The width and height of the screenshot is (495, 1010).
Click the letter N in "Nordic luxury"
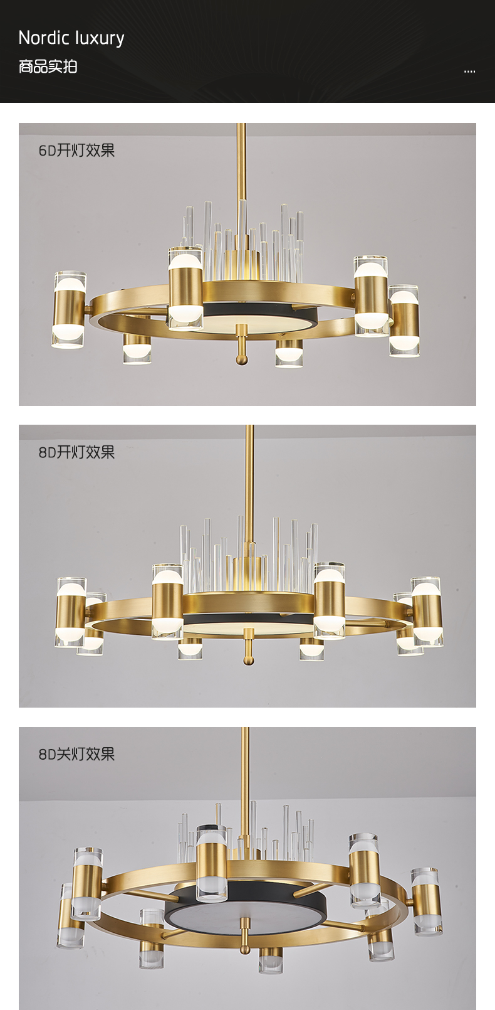(x=24, y=38)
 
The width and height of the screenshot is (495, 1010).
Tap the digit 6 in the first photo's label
(x=42, y=150)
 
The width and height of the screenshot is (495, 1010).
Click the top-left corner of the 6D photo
(x=19, y=123)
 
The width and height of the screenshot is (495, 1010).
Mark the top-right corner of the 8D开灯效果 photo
(x=476, y=425)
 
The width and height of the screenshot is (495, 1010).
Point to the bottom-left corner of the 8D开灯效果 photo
(x=19, y=707)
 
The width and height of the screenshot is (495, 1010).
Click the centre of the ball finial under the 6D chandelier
(x=242, y=358)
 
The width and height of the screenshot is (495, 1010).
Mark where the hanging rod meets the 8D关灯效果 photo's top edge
(x=246, y=727)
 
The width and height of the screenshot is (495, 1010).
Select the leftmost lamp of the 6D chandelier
(x=69, y=309)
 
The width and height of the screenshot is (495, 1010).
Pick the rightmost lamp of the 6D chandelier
(x=404, y=320)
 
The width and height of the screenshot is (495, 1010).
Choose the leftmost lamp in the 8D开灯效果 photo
(x=71, y=612)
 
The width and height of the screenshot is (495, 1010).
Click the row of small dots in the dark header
(x=469, y=72)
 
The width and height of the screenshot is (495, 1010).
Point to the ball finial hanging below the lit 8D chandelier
(x=248, y=660)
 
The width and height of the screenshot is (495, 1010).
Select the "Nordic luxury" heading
(x=71, y=38)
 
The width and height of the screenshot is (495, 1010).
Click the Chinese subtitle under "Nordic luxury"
(x=48, y=66)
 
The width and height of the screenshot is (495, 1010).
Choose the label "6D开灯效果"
(x=76, y=150)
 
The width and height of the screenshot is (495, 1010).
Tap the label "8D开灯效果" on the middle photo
(x=76, y=452)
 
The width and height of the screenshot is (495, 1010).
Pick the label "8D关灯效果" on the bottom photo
(x=76, y=754)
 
